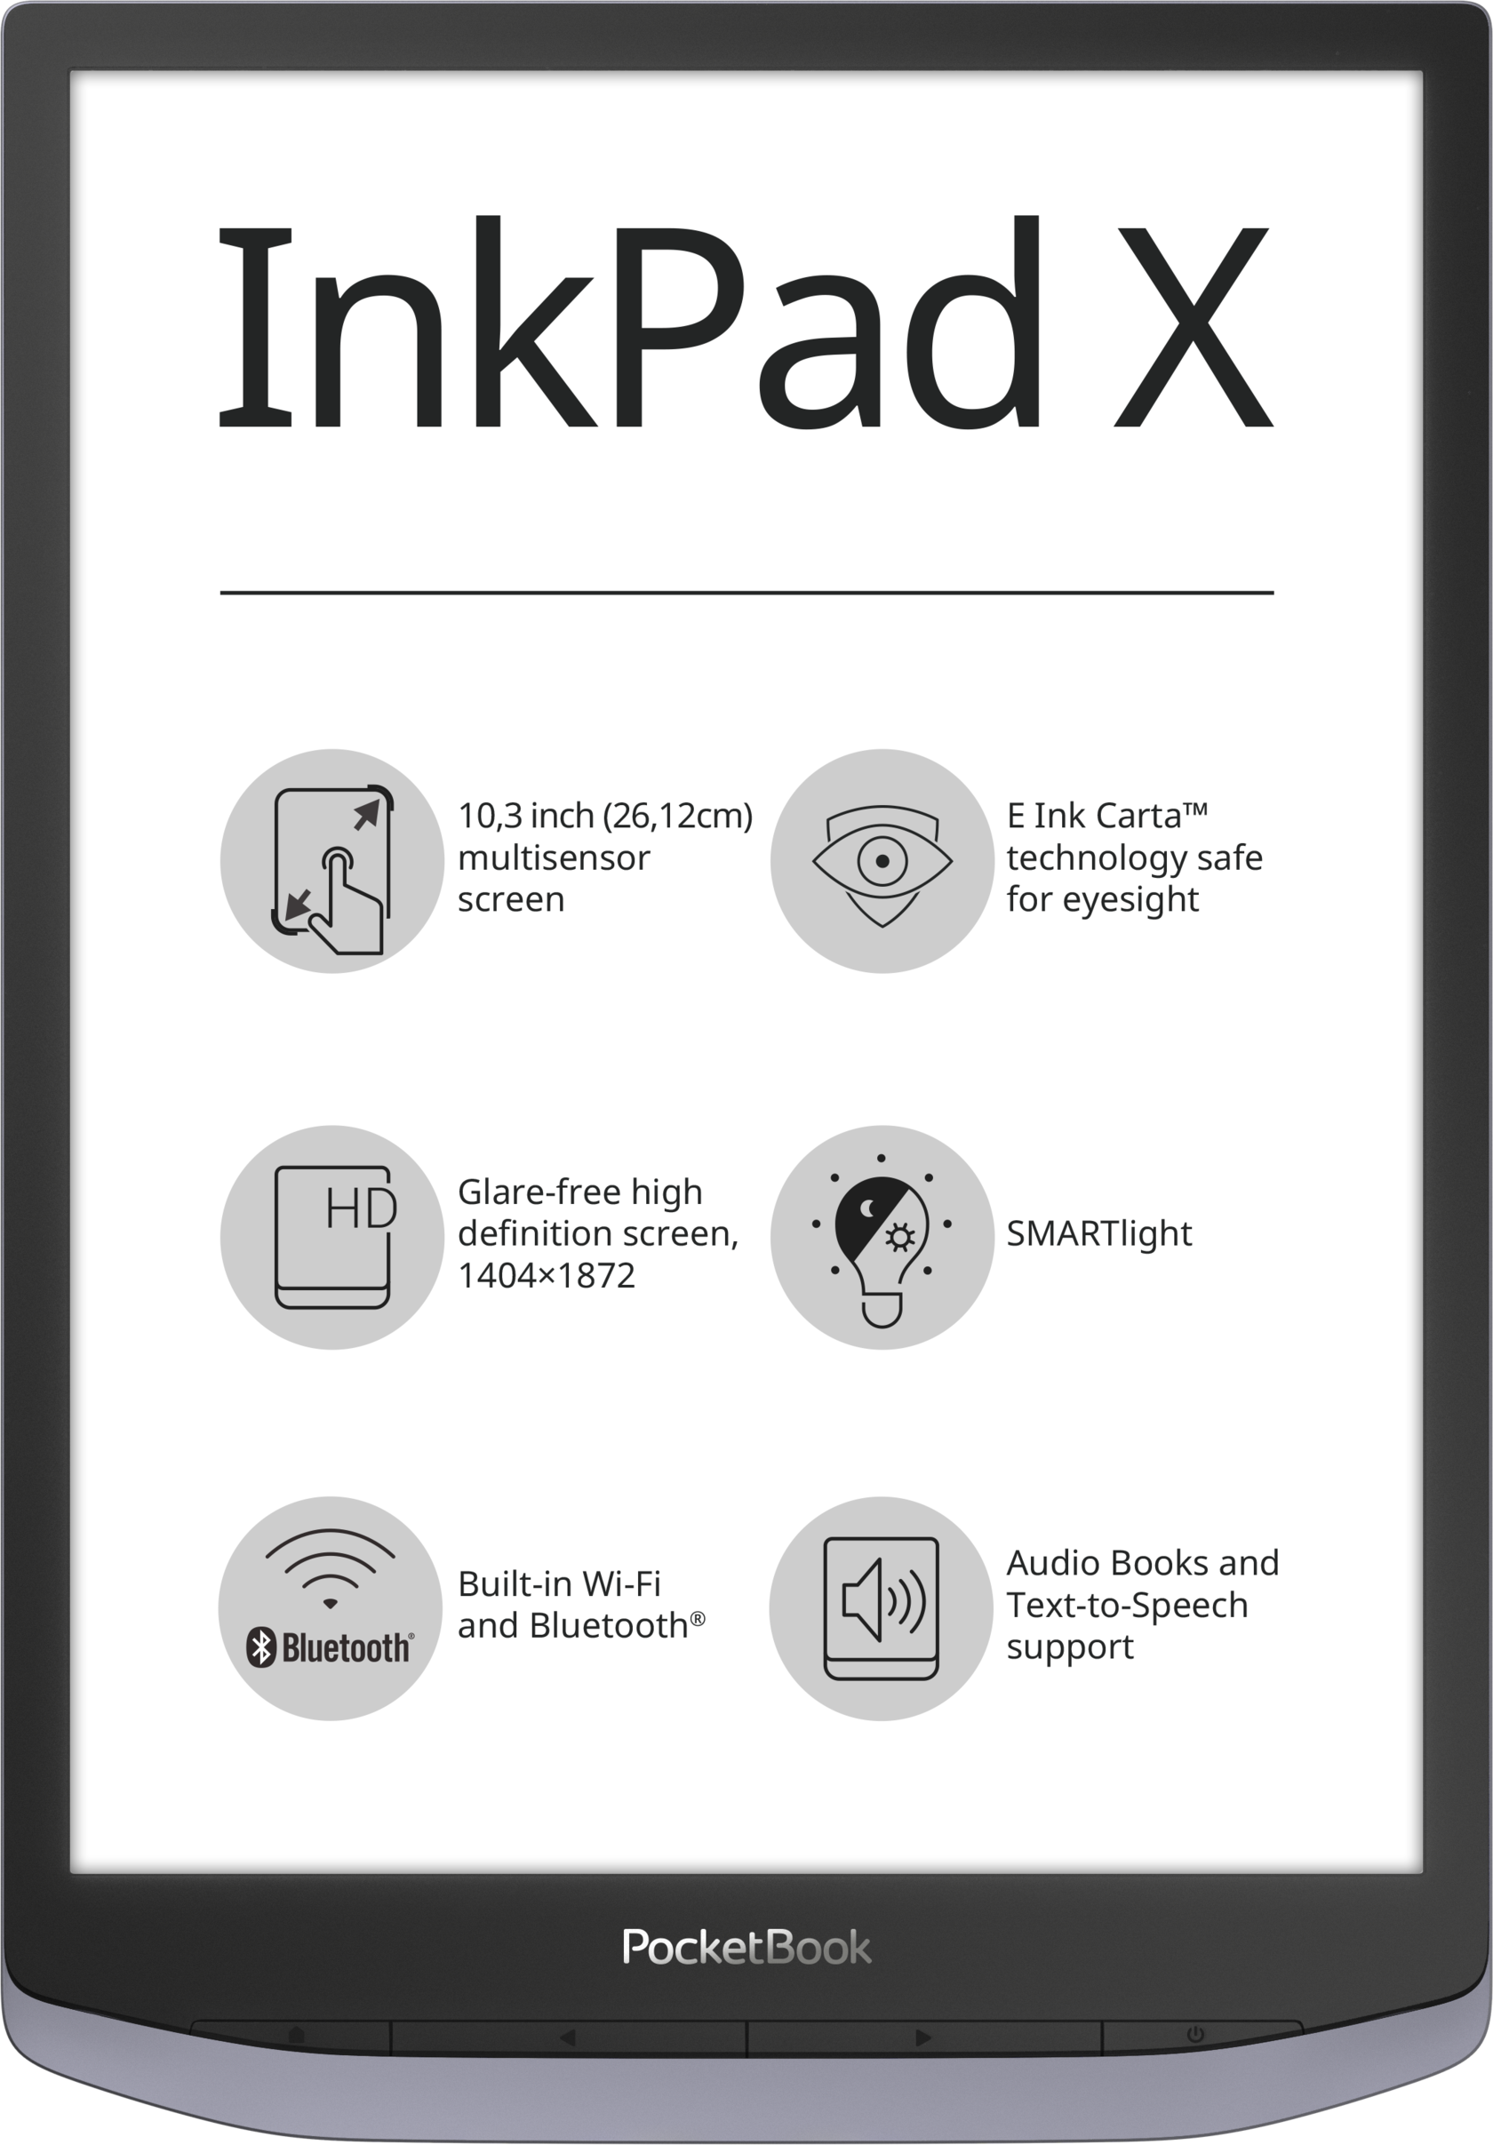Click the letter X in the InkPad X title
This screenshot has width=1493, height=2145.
tap(1192, 327)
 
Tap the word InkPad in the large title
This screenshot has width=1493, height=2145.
tap(630, 323)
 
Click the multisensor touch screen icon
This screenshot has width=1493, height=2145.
tap(332, 870)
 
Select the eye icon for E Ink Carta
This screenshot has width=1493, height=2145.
tap(882, 865)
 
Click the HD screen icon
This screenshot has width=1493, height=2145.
tap(334, 1237)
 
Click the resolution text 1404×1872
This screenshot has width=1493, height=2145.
tap(547, 1275)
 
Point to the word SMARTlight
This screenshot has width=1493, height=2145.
tap(1098, 1233)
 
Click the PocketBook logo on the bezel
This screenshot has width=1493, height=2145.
tap(746, 1947)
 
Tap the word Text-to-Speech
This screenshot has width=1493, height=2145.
tap(1127, 1605)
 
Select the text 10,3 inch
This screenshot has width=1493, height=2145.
tap(526, 816)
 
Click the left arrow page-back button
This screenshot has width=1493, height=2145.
tap(567, 2037)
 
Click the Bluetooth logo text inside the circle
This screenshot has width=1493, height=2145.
tap(330, 1649)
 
